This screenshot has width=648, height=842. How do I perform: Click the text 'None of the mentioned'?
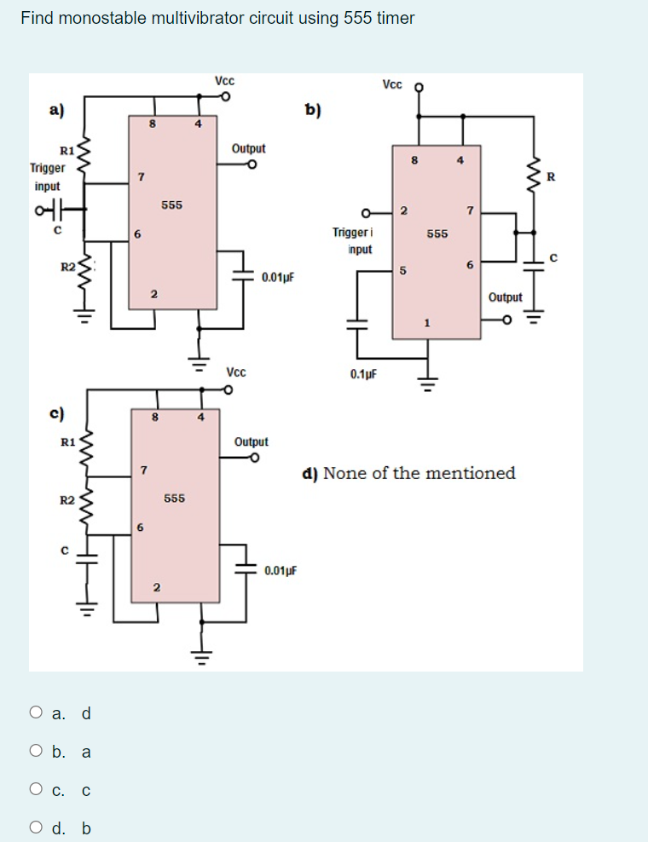pyautogui.click(x=419, y=473)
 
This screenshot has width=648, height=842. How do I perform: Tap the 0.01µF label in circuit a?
pyautogui.click(x=279, y=278)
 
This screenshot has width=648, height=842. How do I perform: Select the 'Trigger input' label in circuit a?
pyautogui.click(x=48, y=177)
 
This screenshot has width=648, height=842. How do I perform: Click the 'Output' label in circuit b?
pyautogui.click(x=505, y=297)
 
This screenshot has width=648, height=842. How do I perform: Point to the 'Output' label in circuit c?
pyautogui.click(x=251, y=441)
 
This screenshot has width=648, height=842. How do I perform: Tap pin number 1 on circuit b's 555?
pyautogui.click(x=427, y=322)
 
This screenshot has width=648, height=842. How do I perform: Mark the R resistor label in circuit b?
pyautogui.click(x=551, y=177)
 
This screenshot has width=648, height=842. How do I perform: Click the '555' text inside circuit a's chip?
pyautogui.click(x=171, y=205)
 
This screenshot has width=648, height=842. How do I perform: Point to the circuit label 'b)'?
pyautogui.click(x=314, y=108)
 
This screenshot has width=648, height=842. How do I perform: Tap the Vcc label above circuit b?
pyautogui.click(x=393, y=84)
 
